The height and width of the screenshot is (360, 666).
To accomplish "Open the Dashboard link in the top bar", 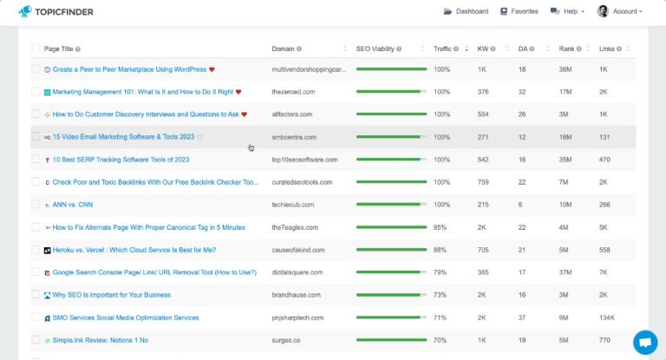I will tap(466, 11).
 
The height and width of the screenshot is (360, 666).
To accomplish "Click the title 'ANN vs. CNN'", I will tap(73, 205).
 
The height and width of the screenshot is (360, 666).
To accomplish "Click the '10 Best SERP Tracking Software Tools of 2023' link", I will tap(108, 160).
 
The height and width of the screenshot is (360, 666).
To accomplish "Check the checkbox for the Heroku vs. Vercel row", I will tap(36, 250).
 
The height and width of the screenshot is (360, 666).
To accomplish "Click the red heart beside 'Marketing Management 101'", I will tap(238, 92).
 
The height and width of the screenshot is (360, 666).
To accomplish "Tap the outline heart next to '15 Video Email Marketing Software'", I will tap(199, 137).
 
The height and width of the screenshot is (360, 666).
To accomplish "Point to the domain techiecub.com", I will tap(293, 205).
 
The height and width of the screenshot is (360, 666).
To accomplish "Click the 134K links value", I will tap(606, 317).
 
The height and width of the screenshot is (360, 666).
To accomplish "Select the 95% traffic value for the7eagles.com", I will tap(441, 227).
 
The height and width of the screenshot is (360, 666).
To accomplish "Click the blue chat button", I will tap(645, 342).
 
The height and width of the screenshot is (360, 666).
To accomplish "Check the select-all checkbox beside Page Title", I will tap(36, 49).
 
